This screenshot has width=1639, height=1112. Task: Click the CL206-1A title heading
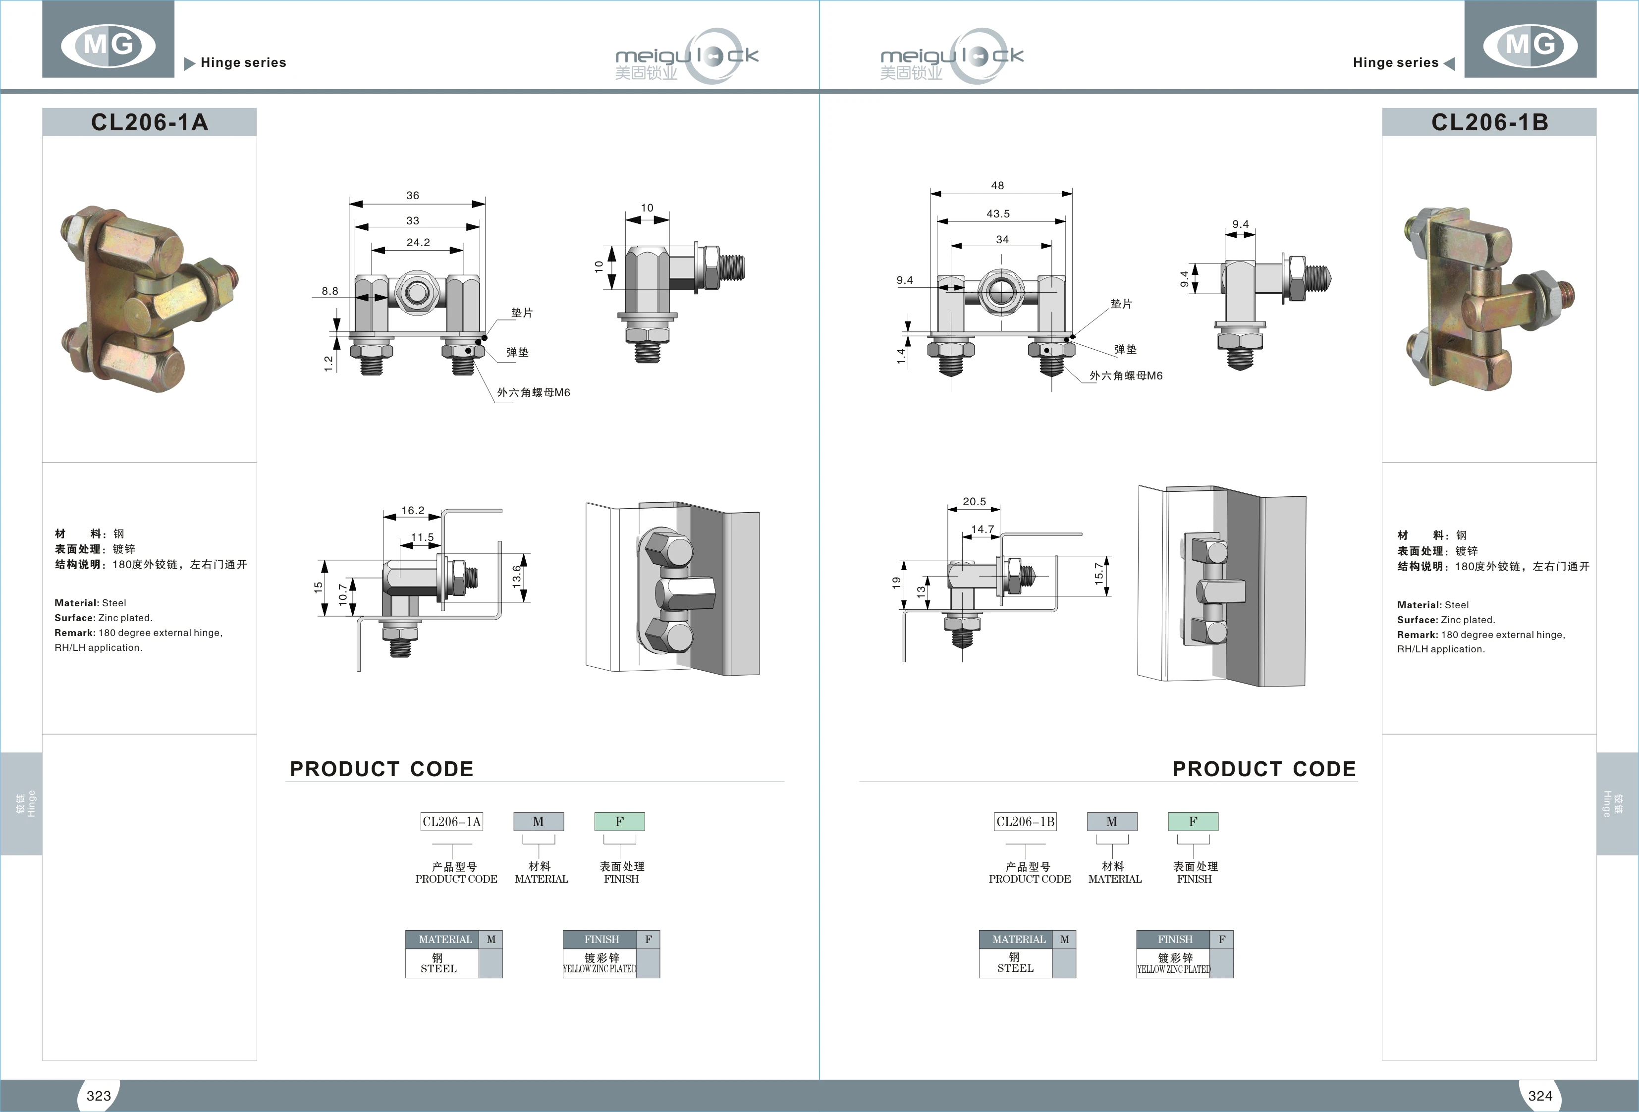pos(150,122)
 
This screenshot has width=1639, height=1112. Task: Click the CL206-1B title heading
pos(1489,122)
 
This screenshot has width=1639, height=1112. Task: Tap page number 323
pos(99,1095)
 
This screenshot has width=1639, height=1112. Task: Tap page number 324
pos(1539,1095)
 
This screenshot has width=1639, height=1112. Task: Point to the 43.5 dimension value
pos(998,213)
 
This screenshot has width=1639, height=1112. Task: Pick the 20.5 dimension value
pos(975,501)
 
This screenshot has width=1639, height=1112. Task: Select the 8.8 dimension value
pos(330,291)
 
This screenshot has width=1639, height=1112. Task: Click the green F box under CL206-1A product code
pos(619,821)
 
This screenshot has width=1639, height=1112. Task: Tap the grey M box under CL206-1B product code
pos(1111,821)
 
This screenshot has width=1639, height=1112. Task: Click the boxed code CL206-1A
pos(452,821)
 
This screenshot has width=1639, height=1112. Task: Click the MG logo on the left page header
pos(108,45)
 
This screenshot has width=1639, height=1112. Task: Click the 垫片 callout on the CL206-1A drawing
pos(522,313)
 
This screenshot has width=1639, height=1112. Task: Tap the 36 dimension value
pos(413,195)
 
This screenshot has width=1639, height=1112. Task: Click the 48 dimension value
pos(997,185)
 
